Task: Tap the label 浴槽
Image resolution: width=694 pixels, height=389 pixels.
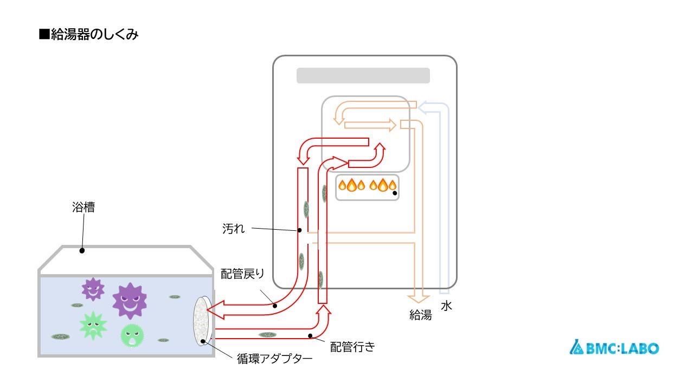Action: [83, 207]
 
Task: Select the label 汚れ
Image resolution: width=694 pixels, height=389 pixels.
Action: [233, 229]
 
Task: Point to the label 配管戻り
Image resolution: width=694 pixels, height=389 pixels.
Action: [242, 274]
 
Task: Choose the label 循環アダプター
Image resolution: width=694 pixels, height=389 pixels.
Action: [274, 359]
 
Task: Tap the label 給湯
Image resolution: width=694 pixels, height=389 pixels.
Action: [420, 315]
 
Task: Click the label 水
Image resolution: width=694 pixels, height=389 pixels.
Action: [446, 306]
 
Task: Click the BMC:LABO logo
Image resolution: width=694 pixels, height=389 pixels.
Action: [614, 348]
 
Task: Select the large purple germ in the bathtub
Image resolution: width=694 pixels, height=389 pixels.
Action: [130, 300]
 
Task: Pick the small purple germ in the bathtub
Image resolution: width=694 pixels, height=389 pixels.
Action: [93, 289]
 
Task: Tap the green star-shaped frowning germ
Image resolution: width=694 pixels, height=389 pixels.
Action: [93, 326]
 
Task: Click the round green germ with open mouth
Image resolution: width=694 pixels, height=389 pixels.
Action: [132, 335]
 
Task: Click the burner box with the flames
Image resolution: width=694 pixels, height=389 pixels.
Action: [367, 187]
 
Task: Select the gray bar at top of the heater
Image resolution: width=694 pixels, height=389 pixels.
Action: [363, 76]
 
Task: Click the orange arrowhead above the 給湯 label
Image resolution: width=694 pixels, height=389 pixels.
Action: [420, 297]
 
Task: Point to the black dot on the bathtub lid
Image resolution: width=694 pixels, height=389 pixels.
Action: [82, 251]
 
